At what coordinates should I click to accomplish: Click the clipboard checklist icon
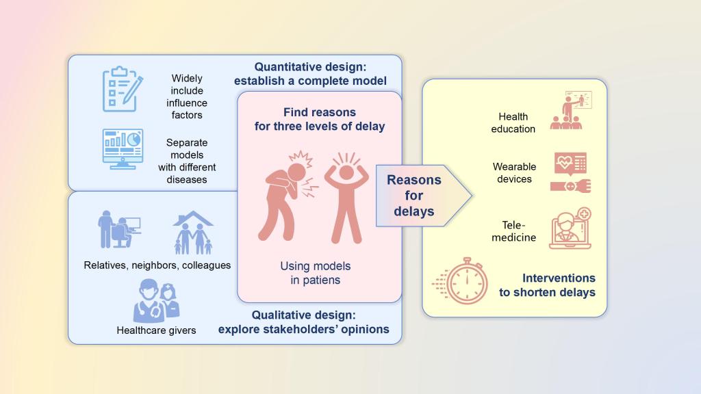click(x=123, y=89)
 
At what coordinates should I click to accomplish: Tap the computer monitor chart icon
click(x=123, y=149)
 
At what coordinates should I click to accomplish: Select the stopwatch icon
click(x=461, y=281)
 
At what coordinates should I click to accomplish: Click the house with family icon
click(x=192, y=233)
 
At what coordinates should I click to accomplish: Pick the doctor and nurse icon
click(x=157, y=301)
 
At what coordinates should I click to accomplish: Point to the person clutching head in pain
click(x=287, y=196)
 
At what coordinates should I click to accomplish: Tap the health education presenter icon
click(x=571, y=110)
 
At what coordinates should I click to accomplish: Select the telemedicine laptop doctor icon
click(x=570, y=228)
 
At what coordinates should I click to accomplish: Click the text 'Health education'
click(x=513, y=123)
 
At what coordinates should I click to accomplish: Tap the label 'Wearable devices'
click(x=514, y=173)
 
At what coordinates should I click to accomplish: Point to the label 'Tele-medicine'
click(x=513, y=231)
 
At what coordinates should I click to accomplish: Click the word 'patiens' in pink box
click(x=322, y=280)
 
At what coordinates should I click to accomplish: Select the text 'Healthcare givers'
click(x=156, y=330)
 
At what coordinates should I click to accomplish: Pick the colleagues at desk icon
click(x=119, y=229)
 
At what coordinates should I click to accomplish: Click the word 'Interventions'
click(x=559, y=278)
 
